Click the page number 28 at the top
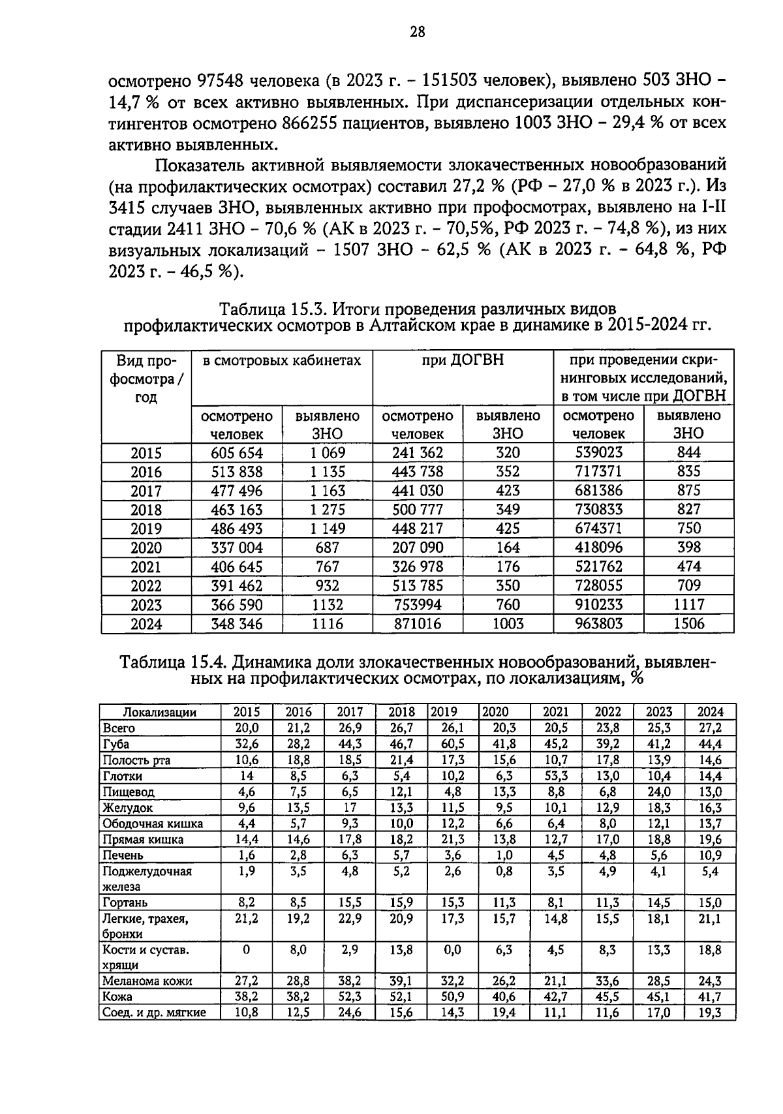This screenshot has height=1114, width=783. [417, 32]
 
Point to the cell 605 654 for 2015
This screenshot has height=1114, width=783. [236, 453]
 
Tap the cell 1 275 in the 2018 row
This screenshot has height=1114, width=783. [327, 510]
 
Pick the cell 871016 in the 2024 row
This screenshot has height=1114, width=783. [417, 624]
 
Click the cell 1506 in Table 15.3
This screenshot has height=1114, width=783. [688, 624]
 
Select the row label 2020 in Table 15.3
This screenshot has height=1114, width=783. [146, 548]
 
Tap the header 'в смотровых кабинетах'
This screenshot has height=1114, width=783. [281, 360]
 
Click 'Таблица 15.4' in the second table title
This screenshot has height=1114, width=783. [172, 663]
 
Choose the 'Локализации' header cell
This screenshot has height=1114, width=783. [160, 712]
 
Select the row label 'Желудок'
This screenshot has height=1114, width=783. [123, 808]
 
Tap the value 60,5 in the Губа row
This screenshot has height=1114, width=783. [453, 744]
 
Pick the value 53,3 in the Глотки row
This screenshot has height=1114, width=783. [556, 776]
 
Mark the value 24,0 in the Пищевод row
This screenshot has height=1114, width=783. [659, 792]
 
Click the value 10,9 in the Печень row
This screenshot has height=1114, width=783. [710, 855]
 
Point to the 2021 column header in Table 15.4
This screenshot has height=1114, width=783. [556, 712]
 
